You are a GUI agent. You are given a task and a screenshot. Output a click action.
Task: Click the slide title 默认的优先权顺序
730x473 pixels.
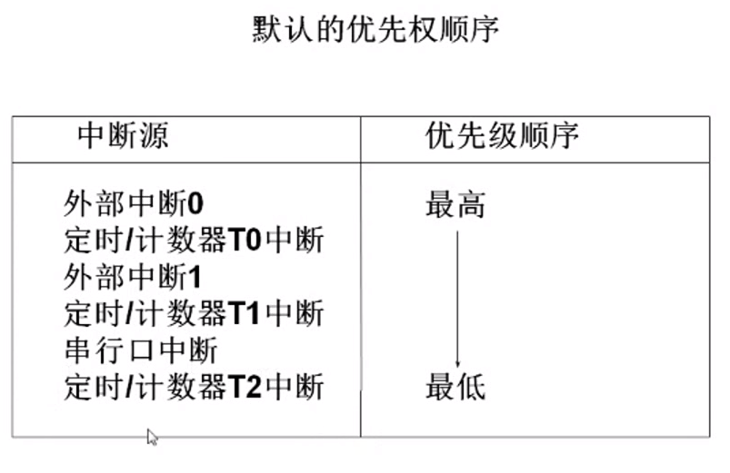[375, 30]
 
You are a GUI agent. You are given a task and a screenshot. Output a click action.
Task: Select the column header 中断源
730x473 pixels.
[123, 137]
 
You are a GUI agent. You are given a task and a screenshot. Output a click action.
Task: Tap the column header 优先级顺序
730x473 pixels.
[503, 137]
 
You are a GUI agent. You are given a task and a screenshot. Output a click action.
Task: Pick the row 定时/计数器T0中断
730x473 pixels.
[195, 241]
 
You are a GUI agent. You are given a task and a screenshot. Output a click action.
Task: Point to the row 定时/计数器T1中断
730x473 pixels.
[195, 314]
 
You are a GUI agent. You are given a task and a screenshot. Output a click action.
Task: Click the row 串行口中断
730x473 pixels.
[141, 350]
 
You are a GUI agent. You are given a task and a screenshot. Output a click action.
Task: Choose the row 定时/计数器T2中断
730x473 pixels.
[195, 388]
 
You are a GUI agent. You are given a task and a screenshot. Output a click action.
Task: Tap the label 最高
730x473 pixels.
[455, 204]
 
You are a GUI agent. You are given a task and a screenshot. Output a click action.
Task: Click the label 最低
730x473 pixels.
[455, 388]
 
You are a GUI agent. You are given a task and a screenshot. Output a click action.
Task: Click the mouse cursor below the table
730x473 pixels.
[152, 438]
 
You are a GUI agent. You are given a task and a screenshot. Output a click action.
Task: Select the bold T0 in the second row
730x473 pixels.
[243, 241]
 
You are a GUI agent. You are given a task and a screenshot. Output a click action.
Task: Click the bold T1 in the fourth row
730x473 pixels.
[243, 314]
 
